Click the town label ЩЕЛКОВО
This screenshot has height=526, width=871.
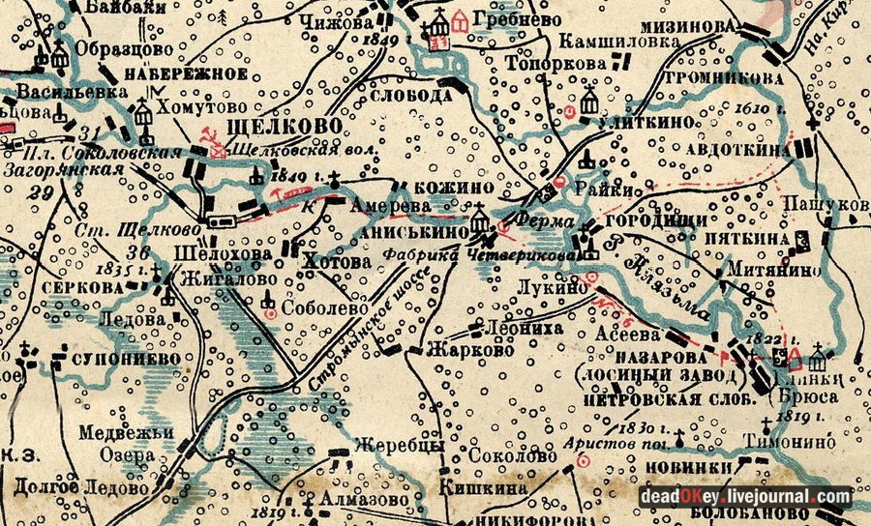284,128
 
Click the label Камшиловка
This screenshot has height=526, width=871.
606,41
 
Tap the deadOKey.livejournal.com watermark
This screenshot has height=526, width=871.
744,496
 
